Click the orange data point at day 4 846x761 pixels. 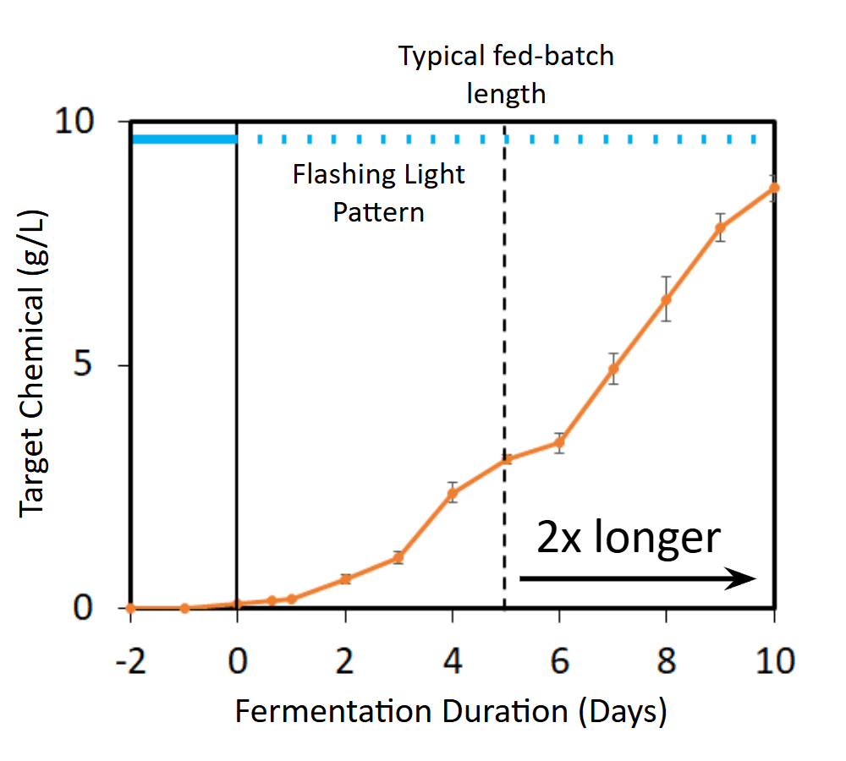coord(453,493)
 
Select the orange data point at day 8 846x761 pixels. coord(667,299)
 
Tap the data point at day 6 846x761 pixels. coord(559,442)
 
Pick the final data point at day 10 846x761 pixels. coord(773,188)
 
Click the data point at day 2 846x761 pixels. coord(345,578)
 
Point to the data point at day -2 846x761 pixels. coord(131,608)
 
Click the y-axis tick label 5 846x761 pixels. coord(101,365)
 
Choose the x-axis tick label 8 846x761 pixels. coord(667,660)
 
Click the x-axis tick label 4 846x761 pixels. coord(453,660)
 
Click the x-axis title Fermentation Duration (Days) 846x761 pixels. coord(451,711)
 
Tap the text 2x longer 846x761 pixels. coord(628,537)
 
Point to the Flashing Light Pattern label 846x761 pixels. coord(378,193)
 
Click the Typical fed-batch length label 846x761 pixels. coord(506,74)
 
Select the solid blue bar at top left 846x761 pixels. coord(184,139)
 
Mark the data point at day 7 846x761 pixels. coord(613,369)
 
